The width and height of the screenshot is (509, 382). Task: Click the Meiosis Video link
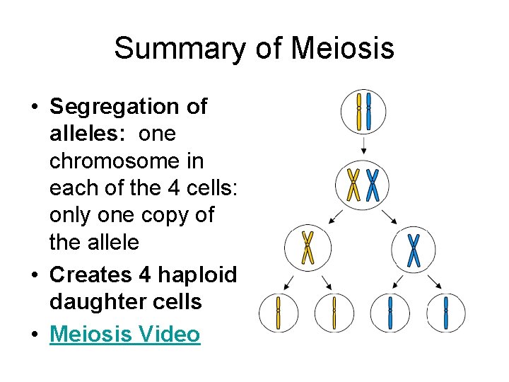pos(124,334)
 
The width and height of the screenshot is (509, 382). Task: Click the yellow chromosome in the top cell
pos(359,111)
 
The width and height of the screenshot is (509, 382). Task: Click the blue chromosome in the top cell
pos(368,111)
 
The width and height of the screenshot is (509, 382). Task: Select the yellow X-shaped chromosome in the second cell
pos(354,185)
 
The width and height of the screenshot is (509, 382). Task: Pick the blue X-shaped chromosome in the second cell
pos(373,185)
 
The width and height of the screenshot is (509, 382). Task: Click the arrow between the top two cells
pos(363,146)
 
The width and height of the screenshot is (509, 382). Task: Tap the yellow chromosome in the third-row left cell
pos(308,248)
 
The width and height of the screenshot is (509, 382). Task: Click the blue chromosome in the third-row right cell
pos(414,250)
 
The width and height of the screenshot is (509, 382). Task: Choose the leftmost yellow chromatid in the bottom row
pos(278,313)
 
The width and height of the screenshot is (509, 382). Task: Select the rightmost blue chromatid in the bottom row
pos(446,313)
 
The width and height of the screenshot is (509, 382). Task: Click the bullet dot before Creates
pos(34,275)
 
